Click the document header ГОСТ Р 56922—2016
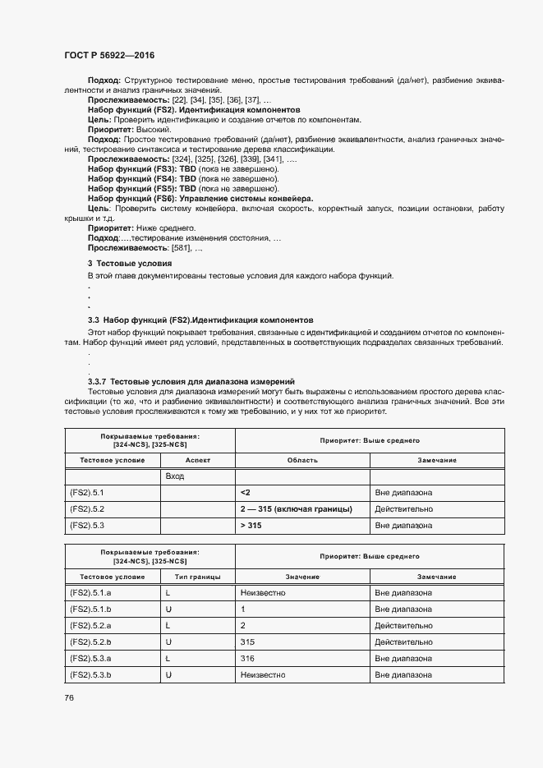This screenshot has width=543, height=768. pyautogui.click(x=108, y=56)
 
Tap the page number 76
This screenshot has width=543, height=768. pyautogui.click(x=69, y=697)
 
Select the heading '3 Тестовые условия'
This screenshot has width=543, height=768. pyautogui.click(x=130, y=262)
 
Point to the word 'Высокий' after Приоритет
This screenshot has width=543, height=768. pyautogui.click(x=152, y=129)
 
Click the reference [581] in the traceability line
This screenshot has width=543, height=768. pyautogui.click(x=181, y=247)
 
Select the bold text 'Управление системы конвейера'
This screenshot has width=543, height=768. pyautogui.click(x=246, y=198)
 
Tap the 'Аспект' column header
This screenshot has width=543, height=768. pyautogui.click(x=198, y=460)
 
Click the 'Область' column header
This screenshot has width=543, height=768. pyautogui.click(x=302, y=460)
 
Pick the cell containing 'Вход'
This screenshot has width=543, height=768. pyautogui.click(x=174, y=476)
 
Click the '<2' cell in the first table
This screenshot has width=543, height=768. pyautogui.click(x=246, y=492)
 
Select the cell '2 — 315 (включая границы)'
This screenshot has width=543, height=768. pyautogui.click(x=296, y=508)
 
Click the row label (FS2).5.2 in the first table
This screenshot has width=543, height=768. pyautogui.click(x=87, y=508)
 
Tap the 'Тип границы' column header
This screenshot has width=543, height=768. pyautogui.click(x=198, y=577)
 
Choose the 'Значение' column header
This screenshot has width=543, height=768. pyautogui.click(x=302, y=577)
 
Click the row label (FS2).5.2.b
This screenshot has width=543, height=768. pyautogui.click(x=90, y=642)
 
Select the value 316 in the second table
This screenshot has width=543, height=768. pyautogui.click(x=248, y=658)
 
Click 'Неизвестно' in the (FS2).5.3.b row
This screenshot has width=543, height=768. pyautogui.click(x=263, y=674)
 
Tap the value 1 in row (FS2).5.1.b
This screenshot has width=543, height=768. pyautogui.click(x=243, y=609)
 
